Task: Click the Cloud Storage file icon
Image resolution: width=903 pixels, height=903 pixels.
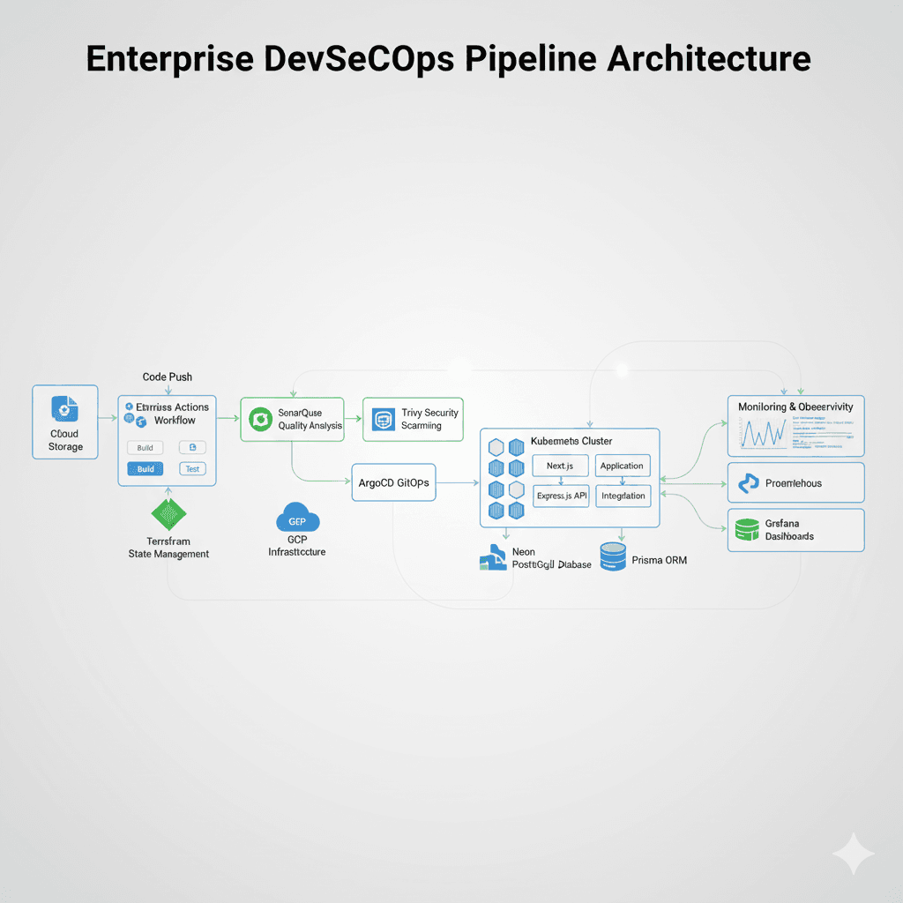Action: (x=64, y=407)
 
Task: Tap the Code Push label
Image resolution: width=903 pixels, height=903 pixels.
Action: (x=168, y=377)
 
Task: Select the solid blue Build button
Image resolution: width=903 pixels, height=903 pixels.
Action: (x=146, y=469)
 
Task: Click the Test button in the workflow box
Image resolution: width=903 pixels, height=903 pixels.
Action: (x=192, y=469)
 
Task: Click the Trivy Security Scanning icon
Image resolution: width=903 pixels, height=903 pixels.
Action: (x=383, y=419)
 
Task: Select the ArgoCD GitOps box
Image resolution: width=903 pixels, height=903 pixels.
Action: (x=393, y=482)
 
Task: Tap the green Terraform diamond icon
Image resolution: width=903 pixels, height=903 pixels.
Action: (x=168, y=514)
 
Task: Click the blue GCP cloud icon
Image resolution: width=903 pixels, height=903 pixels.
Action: (x=297, y=519)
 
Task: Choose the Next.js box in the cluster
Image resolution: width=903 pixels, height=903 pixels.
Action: (x=559, y=466)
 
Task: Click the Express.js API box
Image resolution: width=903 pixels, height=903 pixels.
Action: (x=561, y=496)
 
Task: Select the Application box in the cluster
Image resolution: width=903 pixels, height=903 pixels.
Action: (x=622, y=466)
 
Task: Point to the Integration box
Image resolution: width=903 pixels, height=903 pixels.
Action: (x=623, y=496)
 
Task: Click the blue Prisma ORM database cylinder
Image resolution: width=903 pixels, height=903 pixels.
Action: (x=612, y=556)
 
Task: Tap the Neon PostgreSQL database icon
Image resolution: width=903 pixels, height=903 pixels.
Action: (x=492, y=556)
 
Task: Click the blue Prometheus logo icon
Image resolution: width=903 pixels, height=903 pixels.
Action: (x=749, y=483)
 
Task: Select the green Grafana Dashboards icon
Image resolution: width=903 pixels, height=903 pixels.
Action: (x=746, y=529)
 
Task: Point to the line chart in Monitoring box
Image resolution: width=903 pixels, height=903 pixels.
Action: (x=763, y=433)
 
